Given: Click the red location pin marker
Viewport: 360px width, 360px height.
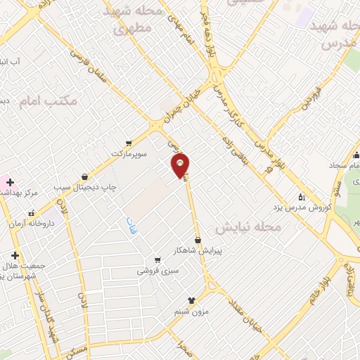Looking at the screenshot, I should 181,165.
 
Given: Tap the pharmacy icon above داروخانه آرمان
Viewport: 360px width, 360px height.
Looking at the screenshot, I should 30,212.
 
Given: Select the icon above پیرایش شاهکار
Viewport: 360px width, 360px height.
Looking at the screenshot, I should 198,240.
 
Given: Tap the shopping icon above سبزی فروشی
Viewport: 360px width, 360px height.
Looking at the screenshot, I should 157,259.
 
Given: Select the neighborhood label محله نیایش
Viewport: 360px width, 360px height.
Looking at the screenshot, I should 248,228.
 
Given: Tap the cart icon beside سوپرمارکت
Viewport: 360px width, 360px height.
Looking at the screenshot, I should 127,141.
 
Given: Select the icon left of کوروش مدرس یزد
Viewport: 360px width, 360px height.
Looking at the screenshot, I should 302,197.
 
